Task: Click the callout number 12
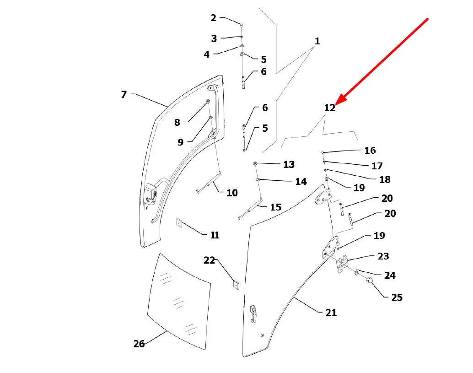[x=330, y=108]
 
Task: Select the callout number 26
[x=139, y=343]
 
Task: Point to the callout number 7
[x=124, y=95]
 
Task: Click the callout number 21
[x=331, y=313]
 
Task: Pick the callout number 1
[x=317, y=41]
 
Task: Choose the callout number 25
[x=397, y=297]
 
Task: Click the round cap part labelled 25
[x=370, y=281]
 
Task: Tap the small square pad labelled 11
[x=179, y=223]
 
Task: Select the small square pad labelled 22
[x=236, y=284]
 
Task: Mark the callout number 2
[x=214, y=18]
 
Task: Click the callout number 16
[x=370, y=150]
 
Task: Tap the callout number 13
[x=289, y=164]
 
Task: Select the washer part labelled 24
[x=356, y=273]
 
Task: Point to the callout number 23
[x=383, y=256]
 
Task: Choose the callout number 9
[x=181, y=142]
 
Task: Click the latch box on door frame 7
[x=150, y=194]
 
